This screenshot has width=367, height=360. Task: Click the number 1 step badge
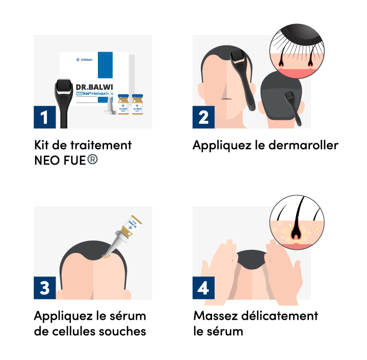click(x=44, y=117)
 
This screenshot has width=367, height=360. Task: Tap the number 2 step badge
click(x=203, y=117)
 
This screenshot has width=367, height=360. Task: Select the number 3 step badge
click(x=44, y=288)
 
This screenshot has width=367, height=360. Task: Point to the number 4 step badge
click(x=203, y=288)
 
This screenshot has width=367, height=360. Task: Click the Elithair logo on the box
click(x=84, y=59)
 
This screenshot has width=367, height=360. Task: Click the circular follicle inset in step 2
click(x=297, y=51)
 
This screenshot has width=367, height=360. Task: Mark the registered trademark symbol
click(x=92, y=159)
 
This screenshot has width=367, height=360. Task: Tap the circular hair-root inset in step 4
click(x=297, y=222)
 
